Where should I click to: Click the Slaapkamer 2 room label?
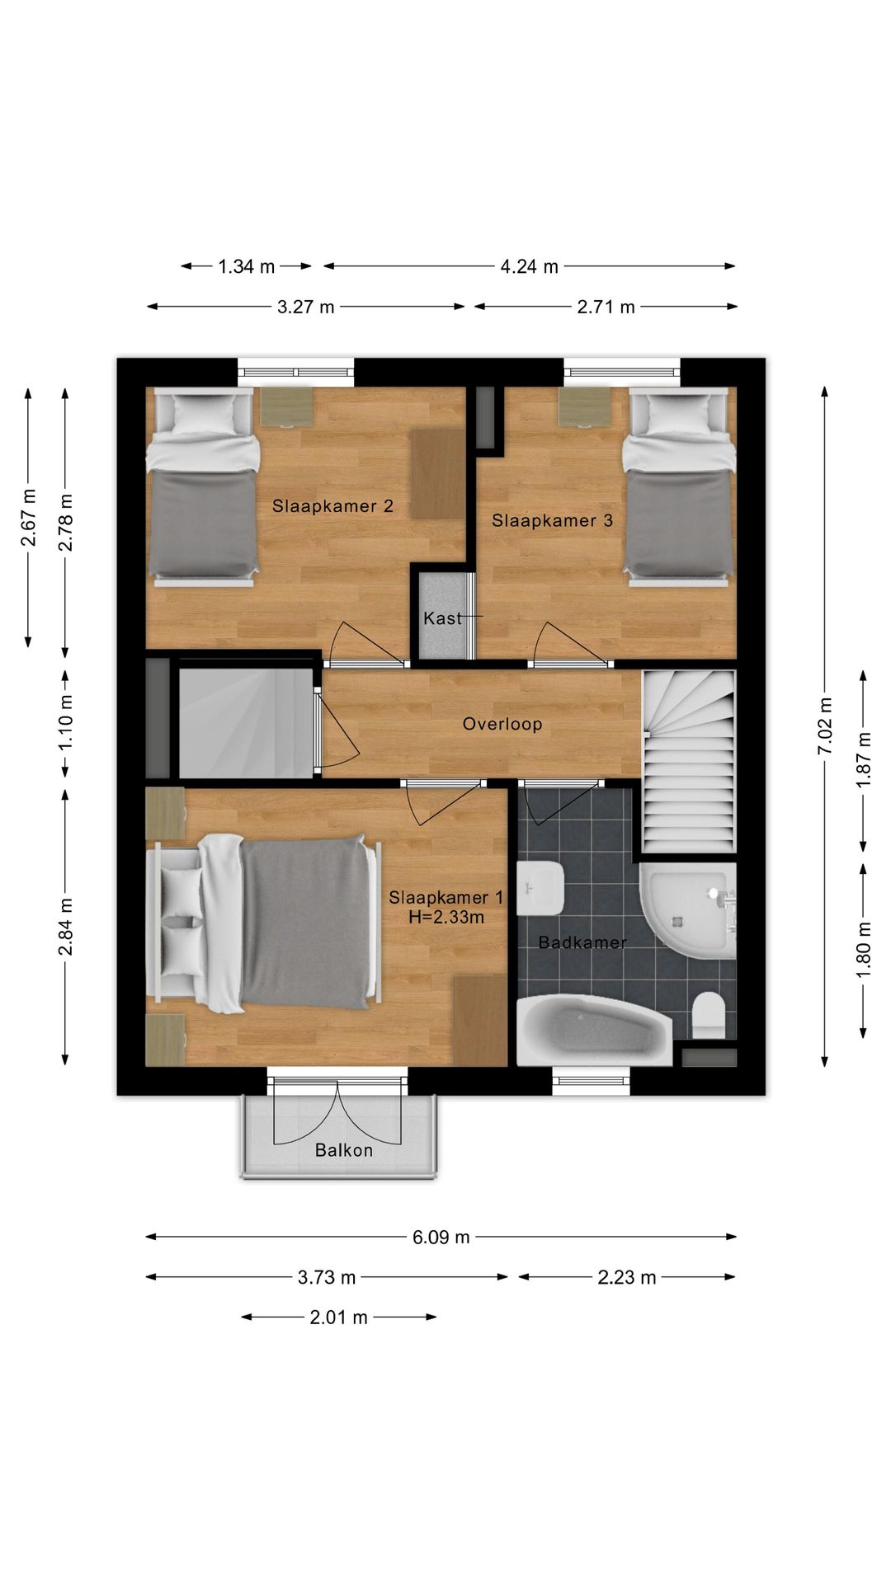(332, 506)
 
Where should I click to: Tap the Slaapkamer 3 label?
(552, 520)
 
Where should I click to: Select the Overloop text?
(502, 724)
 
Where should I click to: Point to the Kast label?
(442, 618)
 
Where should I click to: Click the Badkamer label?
(582, 942)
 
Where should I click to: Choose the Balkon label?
(343, 1150)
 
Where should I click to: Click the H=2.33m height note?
(446, 916)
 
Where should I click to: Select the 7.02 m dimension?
(825, 726)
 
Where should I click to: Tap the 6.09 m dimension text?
(441, 1237)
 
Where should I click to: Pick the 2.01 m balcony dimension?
(338, 1318)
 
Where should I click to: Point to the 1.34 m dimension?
(246, 266)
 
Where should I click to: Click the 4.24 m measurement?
(529, 266)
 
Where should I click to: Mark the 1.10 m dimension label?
(66, 723)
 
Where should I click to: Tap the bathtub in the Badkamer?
(594, 1031)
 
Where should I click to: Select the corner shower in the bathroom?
(687, 911)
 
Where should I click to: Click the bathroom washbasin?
(540, 888)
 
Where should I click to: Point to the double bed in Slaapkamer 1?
(264, 923)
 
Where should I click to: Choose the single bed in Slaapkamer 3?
(678, 488)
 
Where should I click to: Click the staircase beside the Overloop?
(689, 761)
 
